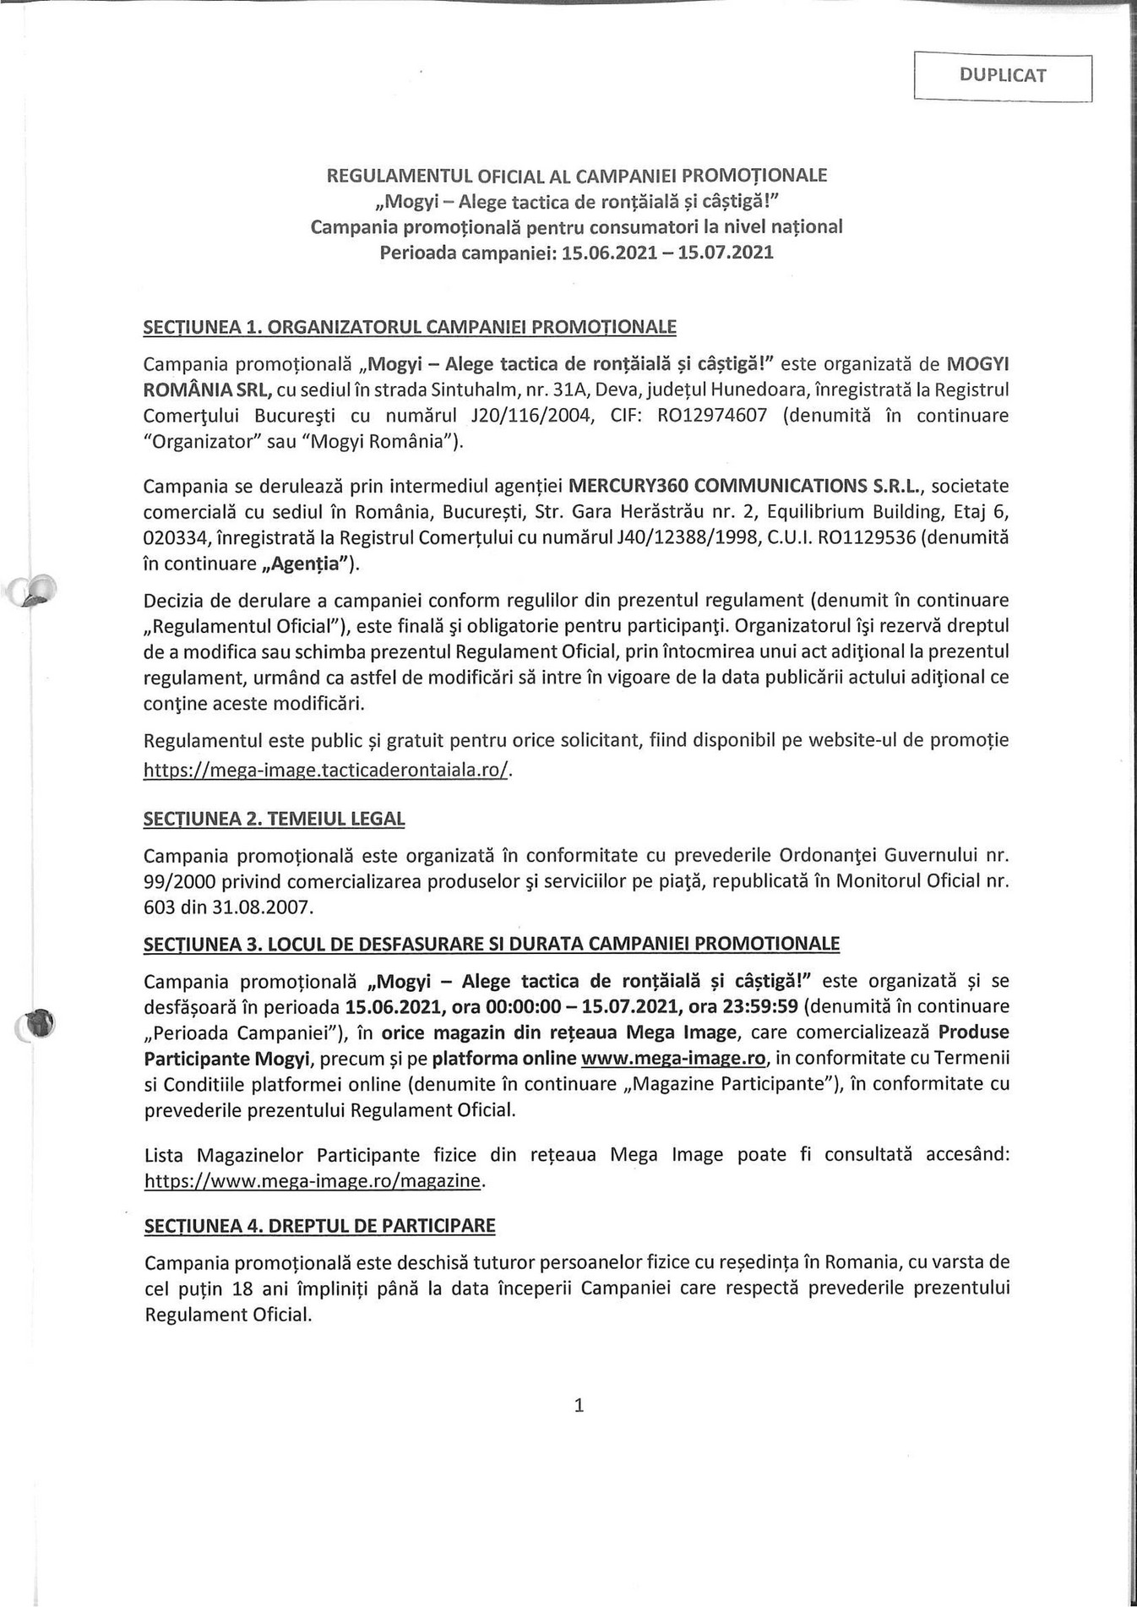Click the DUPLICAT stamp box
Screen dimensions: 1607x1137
tap(1003, 76)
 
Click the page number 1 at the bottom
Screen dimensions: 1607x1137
tap(579, 1406)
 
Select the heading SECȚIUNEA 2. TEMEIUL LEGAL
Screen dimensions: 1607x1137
tap(275, 819)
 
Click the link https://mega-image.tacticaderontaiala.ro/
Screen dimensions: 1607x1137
tap(327, 771)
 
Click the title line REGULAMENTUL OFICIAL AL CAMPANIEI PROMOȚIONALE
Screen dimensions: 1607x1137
tap(577, 176)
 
